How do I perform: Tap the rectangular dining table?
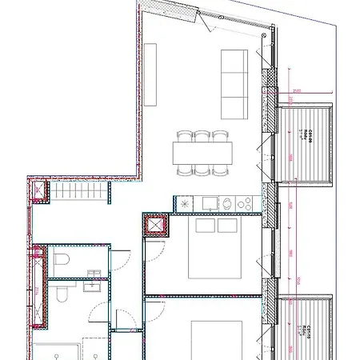(x=202, y=152)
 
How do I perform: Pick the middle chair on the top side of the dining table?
(x=202, y=136)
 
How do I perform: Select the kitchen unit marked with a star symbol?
(x=185, y=204)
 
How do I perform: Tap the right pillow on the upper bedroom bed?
(x=226, y=226)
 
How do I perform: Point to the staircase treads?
(x=81, y=192)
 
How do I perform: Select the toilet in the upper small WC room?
(x=62, y=261)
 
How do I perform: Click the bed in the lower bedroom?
(x=217, y=340)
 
